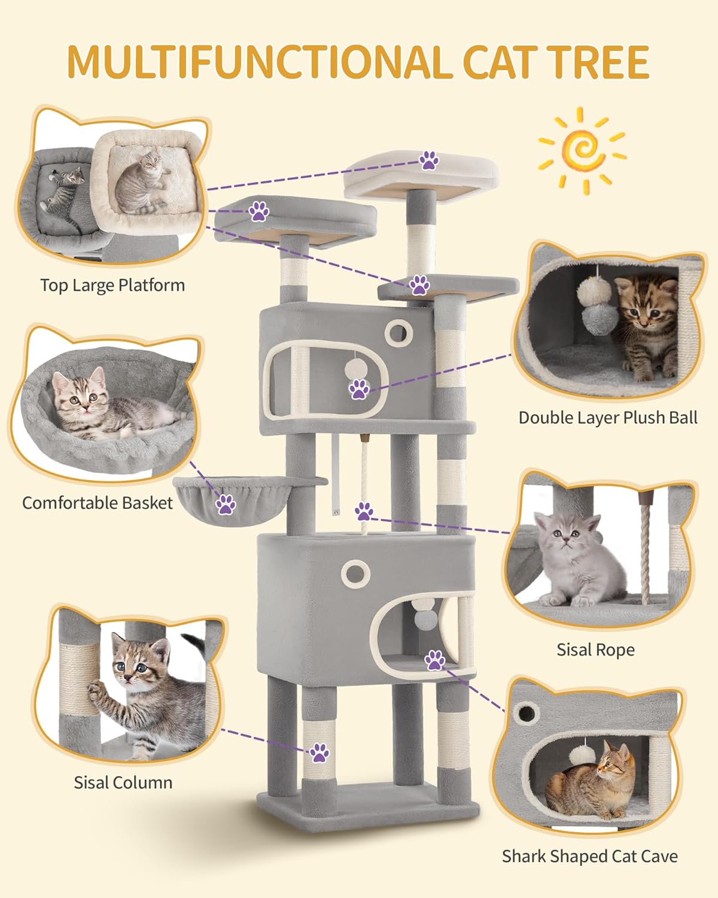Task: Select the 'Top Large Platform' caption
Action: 112,285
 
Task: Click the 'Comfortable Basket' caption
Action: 97,502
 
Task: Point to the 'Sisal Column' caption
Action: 123,782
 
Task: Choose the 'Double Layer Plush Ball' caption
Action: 607,417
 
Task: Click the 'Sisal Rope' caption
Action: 595,650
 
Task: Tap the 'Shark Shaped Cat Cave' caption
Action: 589,856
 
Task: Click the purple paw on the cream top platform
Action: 428,160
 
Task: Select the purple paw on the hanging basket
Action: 226,504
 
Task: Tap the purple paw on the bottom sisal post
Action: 319,753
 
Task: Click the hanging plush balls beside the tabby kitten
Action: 591,299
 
